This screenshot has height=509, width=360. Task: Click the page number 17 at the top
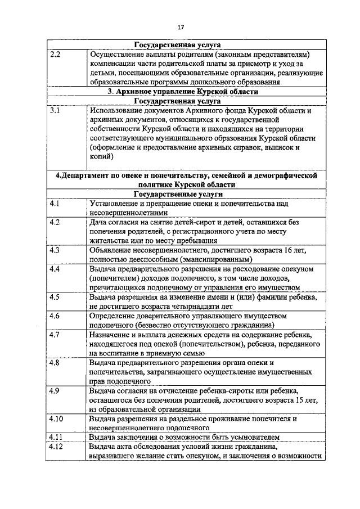(x=181, y=27)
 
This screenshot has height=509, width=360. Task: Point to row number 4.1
(x=55, y=202)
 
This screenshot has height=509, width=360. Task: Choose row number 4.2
(x=55, y=222)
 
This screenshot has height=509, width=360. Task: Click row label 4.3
(x=55, y=250)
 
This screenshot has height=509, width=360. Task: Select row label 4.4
(x=55, y=269)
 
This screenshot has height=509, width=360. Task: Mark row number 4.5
(x=55, y=296)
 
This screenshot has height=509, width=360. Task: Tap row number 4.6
(x=55, y=316)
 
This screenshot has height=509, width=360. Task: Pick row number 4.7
(x=55, y=335)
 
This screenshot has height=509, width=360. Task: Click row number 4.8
(x=55, y=362)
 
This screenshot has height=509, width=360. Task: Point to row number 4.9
(x=55, y=390)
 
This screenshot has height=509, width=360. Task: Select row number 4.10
(x=56, y=418)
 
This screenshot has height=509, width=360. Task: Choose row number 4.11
(x=56, y=437)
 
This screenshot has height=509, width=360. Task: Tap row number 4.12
(x=56, y=447)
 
